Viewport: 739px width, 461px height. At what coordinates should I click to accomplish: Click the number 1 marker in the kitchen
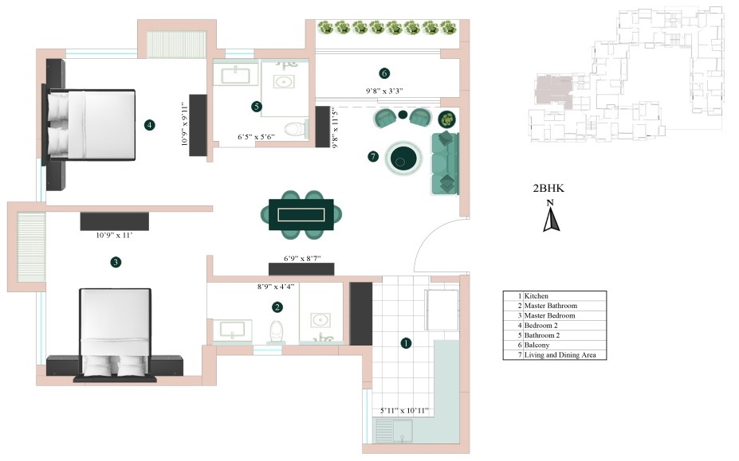406,343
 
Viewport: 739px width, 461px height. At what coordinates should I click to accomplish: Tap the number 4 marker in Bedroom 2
149,124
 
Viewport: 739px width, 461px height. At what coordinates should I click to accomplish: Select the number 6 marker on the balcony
384,74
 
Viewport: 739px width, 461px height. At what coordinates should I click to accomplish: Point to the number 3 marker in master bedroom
116,262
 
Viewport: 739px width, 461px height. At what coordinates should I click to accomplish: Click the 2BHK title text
548,189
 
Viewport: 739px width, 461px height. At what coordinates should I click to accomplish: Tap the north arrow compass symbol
550,216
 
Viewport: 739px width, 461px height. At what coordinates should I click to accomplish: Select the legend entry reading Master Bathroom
550,306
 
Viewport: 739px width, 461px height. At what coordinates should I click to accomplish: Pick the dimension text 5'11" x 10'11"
405,411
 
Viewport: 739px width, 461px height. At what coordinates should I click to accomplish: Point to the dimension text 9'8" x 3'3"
384,92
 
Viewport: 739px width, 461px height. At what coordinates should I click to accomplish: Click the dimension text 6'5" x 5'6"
256,137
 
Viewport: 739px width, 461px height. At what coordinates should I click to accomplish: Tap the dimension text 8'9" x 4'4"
275,286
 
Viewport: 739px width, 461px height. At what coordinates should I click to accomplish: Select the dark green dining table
301,215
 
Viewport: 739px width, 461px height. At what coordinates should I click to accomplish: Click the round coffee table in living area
404,158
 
